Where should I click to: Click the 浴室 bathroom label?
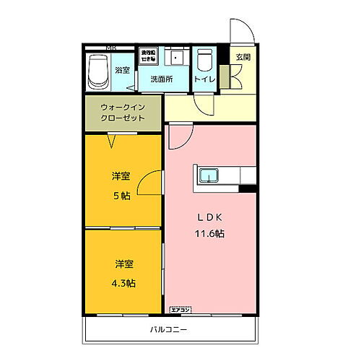click(x=122, y=70)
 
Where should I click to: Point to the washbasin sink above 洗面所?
click(x=175, y=58)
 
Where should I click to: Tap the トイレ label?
click(x=204, y=79)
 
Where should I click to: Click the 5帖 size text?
click(x=121, y=195)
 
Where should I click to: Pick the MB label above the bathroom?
click(x=110, y=48)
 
